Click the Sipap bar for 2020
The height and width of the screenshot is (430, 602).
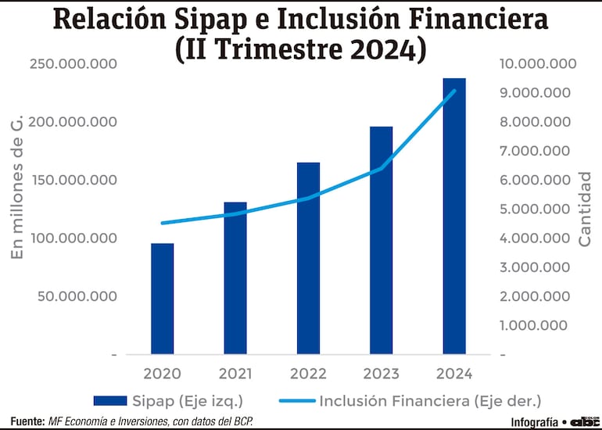tap(163, 299)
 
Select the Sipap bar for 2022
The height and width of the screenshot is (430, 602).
tap(308, 258)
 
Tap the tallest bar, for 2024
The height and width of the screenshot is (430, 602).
tap(454, 216)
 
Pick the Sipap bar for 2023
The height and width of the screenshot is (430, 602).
tap(382, 240)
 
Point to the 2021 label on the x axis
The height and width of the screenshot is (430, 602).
tap(235, 374)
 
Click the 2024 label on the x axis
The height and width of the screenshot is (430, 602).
tap(454, 374)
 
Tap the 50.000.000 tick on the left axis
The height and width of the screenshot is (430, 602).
tap(77, 296)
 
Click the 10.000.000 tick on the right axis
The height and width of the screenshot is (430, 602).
tap(532, 64)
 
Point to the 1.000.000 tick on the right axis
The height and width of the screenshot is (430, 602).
tap(535, 325)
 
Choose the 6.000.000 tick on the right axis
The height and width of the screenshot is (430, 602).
tap(535, 180)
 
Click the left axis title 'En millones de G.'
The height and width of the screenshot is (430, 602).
tap(17, 185)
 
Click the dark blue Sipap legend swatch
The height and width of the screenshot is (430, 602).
tap(109, 401)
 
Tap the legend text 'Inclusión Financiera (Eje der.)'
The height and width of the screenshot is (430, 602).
tap(430, 401)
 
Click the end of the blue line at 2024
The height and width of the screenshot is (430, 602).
tap(454, 91)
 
